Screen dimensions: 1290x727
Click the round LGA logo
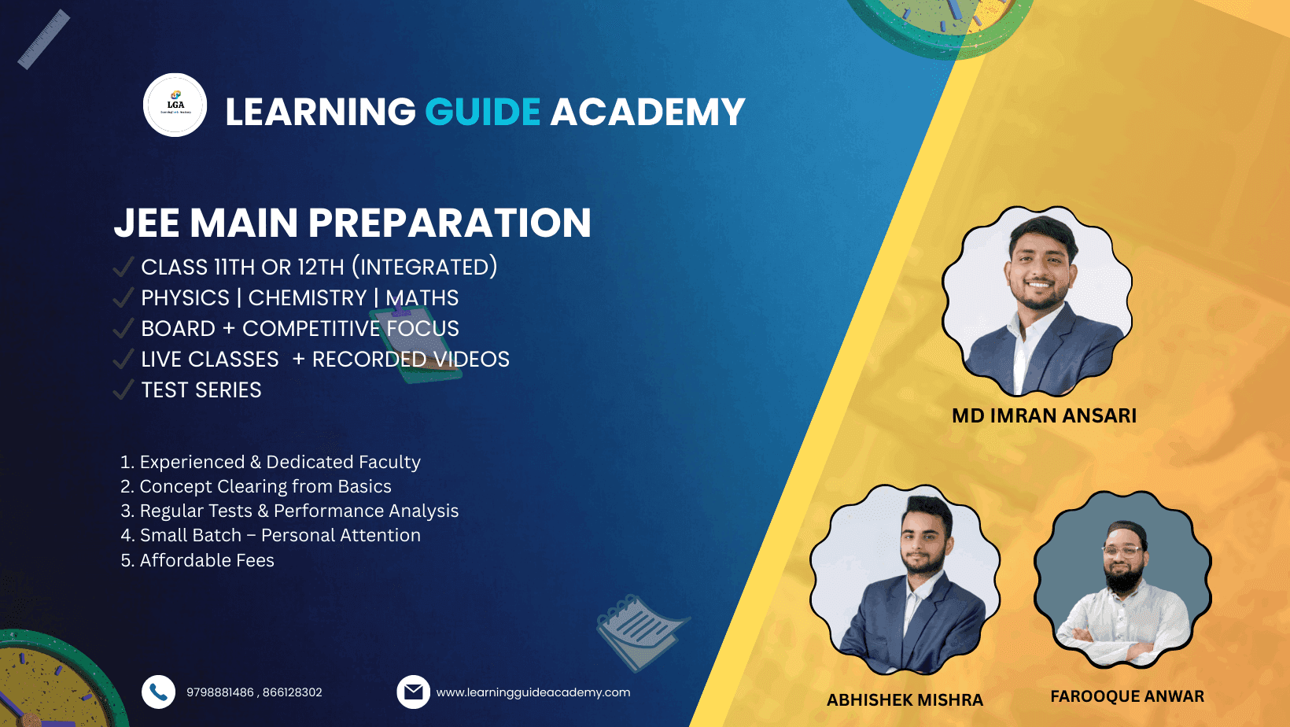click(x=175, y=105)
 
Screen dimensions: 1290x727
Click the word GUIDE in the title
click(x=483, y=111)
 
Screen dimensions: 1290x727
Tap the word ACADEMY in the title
click(x=648, y=111)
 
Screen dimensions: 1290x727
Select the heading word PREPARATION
click(x=450, y=223)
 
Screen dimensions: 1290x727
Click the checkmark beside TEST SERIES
click(x=123, y=389)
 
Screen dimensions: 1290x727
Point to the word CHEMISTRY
click(x=308, y=298)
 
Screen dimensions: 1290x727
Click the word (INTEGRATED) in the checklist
click(x=425, y=267)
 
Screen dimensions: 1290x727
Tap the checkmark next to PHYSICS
click(x=123, y=297)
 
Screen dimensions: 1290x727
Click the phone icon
click(x=158, y=692)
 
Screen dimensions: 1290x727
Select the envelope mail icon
click(x=413, y=692)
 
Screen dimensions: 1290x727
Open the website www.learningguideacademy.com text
click(x=533, y=692)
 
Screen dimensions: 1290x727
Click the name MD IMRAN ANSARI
click(x=1044, y=415)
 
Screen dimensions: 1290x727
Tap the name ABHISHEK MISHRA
click(x=905, y=700)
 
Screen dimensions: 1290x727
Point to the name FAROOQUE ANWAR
click(x=1127, y=696)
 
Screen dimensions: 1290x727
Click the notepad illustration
click(x=640, y=631)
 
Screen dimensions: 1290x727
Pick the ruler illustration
click(x=44, y=39)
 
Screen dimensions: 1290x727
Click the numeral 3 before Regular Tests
click(x=126, y=511)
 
